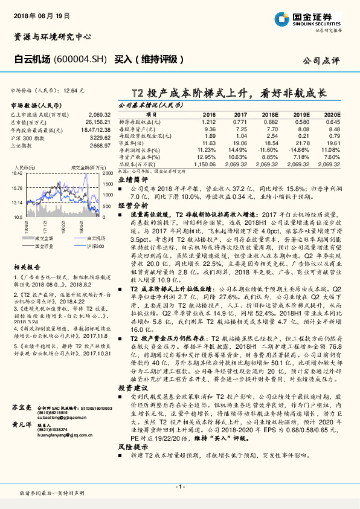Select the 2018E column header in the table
(x=270, y=114)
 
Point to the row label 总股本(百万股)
(x=137, y=164)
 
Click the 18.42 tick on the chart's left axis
(x=17, y=173)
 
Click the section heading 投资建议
(x=133, y=387)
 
